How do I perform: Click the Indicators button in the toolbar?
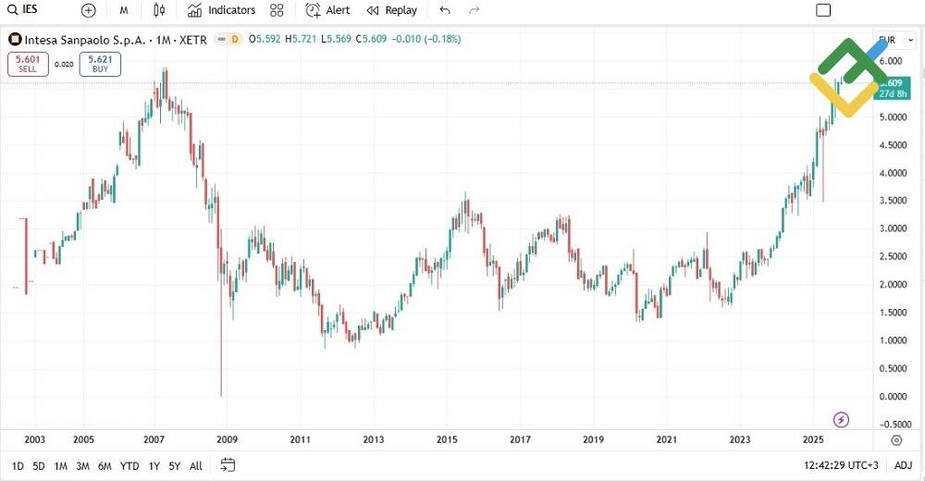point(221,10)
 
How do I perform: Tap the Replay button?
point(391,10)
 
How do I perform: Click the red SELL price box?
point(27,64)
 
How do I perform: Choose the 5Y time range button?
point(174,465)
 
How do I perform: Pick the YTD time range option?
point(129,465)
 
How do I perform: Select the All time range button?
point(195,465)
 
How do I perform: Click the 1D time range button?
point(18,465)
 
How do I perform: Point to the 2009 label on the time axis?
point(227,439)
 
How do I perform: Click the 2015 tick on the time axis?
point(447,439)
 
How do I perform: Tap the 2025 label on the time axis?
point(812,439)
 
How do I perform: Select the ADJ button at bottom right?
point(903,465)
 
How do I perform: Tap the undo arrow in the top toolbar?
point(445,10)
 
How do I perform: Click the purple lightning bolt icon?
point(842,420)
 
